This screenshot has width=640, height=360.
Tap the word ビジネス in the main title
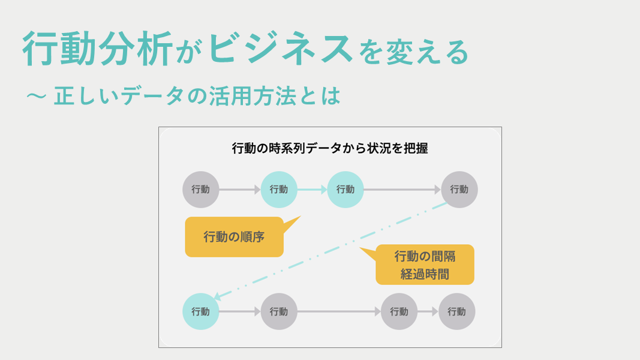click(281, 49)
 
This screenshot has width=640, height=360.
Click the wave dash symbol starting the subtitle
click(37, 97)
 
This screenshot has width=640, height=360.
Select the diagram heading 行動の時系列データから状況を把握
click(330, 148)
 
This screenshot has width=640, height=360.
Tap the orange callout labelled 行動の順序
click(234, 236)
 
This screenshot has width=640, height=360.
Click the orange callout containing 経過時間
click(425, 265)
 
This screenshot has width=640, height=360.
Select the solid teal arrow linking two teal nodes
click(312, 190)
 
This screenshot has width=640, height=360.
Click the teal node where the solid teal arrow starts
click(279, 190)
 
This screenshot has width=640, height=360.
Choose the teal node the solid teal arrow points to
click(345, 190)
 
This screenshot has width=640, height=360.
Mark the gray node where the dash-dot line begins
click(459, 190)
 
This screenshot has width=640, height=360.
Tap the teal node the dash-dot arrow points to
click(201, 311)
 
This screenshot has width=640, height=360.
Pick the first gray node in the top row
click(201, 190)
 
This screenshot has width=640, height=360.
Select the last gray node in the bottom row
click(456, 311)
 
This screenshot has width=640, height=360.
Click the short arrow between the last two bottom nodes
click(428, 311)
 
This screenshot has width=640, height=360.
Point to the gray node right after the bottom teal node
click(279, 311)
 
